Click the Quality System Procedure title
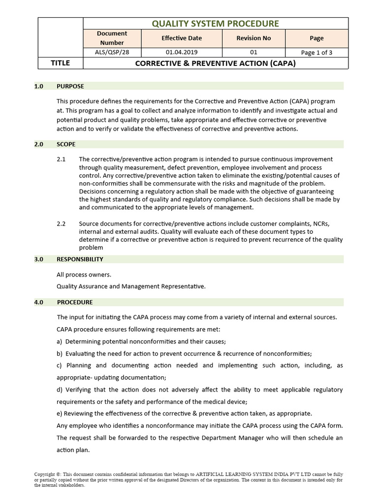(215, 23)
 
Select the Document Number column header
(112, 38)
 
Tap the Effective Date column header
(182, 38)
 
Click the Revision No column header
(253, 38)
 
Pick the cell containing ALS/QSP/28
(112, 52)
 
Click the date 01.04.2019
(182, 52)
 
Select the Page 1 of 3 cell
(316, 53)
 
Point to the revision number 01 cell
(253, 52)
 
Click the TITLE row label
(61, 63)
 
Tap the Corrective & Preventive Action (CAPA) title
(215, 63)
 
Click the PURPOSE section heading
(70, 86)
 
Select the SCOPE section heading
(66, 144)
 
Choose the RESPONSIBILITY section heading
(80, 259)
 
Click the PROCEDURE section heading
(75, 302)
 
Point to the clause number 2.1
(61, 159)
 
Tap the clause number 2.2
(61, 224)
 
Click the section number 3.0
(39, 259)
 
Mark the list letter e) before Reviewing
(60, 413)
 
